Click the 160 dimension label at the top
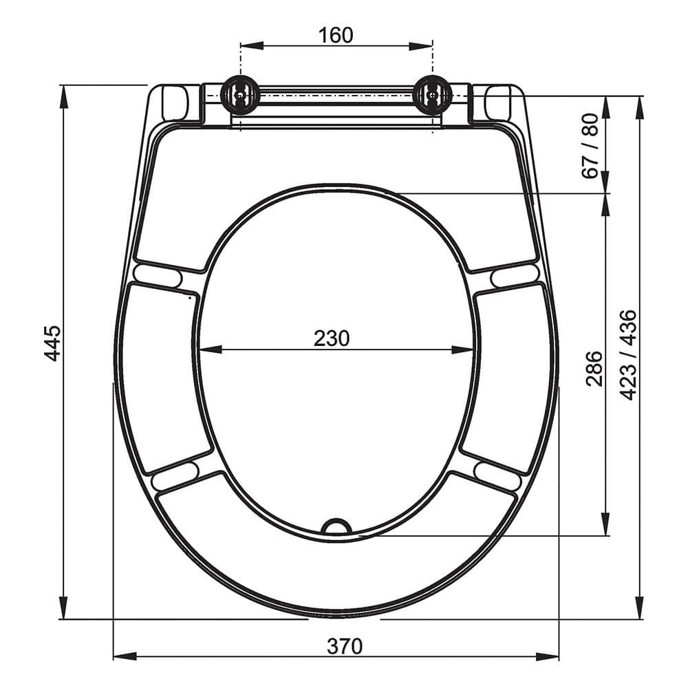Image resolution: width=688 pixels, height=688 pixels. [336, 34]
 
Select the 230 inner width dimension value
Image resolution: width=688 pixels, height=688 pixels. [332, 338]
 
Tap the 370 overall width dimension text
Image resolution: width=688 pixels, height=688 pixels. [344, 646]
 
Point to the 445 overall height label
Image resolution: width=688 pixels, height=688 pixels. [52, 343]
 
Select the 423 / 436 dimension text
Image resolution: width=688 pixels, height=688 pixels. [628, 354]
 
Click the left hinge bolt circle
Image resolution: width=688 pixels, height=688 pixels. [240, 95]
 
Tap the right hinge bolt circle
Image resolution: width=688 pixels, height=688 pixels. [432, 95]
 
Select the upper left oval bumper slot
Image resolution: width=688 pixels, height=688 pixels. [158, 276]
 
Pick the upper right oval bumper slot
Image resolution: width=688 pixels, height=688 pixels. [515, 276]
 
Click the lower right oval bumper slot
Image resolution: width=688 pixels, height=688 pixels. [497, 475]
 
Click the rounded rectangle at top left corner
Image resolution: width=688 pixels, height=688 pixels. [175, 103]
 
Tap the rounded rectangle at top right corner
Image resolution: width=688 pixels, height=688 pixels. [497, 103]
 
